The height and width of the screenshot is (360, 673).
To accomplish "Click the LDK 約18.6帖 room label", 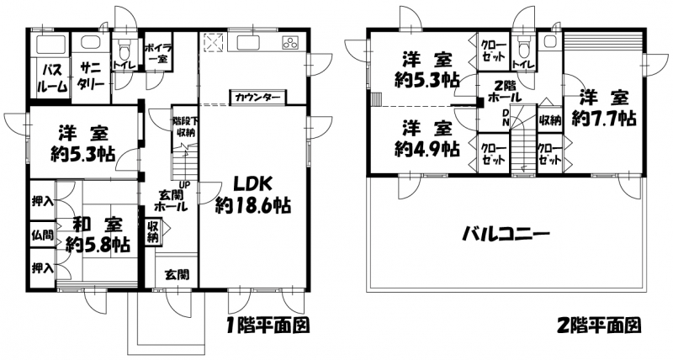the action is tap(253, 195).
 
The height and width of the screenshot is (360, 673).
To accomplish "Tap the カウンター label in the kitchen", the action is tap(257, 98).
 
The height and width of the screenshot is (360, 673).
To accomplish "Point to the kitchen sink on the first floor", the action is tap(246, 42).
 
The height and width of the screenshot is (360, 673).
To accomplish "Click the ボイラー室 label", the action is tap(157, 53).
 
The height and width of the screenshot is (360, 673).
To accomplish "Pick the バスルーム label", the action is tap(52, 78).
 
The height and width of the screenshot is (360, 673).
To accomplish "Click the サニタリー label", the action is tap(91, 75).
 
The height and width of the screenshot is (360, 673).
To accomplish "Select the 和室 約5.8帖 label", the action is tap(98, 235).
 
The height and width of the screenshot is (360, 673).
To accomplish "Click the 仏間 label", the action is tap(43, 235).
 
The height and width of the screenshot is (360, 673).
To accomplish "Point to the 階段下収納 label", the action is tap(184, 126).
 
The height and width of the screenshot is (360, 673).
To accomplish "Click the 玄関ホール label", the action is tap(172, 200).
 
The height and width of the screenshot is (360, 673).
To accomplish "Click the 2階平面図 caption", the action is tap(600, 326).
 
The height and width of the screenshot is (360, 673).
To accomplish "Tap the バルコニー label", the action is tap(506, 235).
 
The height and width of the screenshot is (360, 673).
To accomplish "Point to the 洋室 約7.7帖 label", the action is tap(603, 108).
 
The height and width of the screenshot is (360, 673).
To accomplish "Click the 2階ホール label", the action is tap(505, 91).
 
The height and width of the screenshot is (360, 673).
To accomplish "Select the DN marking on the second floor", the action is tap(506, 118).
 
